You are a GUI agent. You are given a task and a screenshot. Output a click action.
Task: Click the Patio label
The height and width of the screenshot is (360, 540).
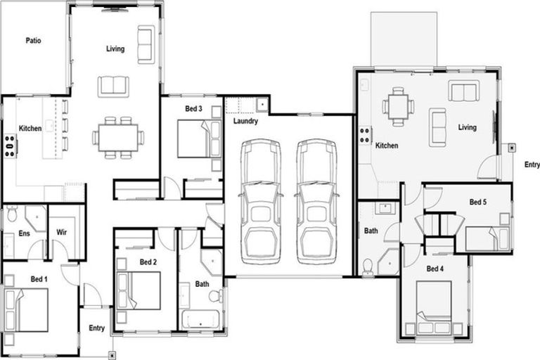[33, 41]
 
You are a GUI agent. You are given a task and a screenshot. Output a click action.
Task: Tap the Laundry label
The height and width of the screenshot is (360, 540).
[245, 121]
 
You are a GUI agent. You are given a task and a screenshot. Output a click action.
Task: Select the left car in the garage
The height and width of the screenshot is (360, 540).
[261, 201]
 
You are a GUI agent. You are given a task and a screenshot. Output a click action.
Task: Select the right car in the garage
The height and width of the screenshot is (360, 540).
[316, 201]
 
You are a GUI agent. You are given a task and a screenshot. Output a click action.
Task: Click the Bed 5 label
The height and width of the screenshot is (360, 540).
[478, 202]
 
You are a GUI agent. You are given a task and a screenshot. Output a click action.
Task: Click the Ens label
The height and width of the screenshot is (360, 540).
[24, 232]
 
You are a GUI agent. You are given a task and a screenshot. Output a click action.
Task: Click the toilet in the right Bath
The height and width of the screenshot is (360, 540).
[367, 266]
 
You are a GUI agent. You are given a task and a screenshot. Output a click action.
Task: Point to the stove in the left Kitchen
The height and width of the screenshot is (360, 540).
[10, 146]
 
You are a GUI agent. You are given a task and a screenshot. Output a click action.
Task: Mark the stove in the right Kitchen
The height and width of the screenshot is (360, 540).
[366, 135]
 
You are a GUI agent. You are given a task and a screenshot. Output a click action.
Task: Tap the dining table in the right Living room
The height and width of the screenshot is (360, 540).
[398, 106]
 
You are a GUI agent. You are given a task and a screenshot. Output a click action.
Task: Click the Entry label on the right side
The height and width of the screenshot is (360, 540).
[532, 165]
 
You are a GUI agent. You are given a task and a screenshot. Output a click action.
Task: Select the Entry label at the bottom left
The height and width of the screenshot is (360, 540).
[96, 328]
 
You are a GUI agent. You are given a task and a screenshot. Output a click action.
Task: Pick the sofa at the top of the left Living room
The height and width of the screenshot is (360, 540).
[146, 44]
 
